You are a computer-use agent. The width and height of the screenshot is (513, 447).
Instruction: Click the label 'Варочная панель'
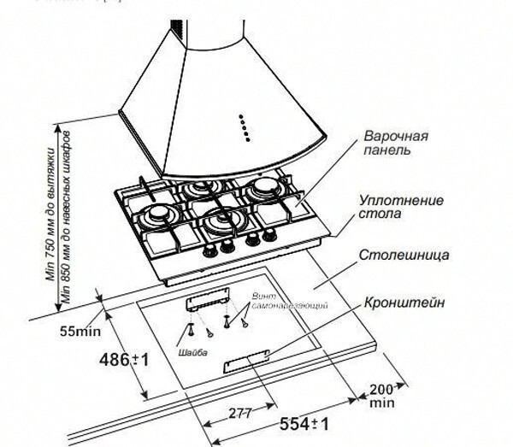tap(394, 143)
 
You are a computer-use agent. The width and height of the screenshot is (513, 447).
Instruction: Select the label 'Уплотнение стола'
tap(401, 207)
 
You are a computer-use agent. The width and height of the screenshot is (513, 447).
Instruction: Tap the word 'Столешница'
tap(404, 255)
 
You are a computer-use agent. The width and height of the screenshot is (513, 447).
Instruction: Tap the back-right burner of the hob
tap(267, 189)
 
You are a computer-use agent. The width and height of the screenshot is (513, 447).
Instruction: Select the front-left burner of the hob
tap(159, 213)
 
